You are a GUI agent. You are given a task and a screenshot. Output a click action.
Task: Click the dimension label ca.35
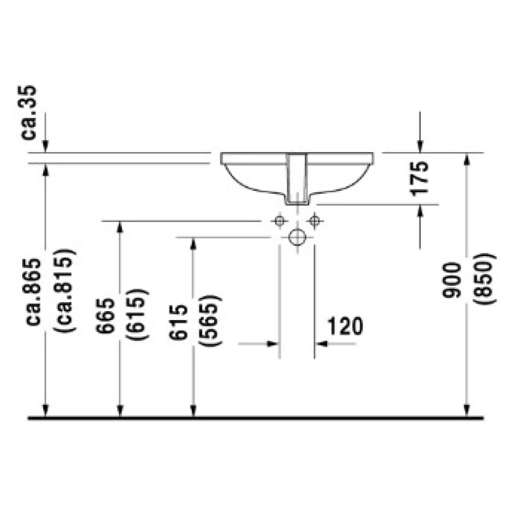28,113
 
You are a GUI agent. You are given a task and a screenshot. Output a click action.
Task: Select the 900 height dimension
451,280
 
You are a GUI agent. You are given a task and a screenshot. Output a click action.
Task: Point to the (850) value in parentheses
484,279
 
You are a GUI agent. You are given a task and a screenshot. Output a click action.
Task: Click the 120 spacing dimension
345,326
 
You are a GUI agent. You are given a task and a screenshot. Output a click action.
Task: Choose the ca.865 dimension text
33,292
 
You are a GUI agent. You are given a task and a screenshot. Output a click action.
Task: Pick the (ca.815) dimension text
65,290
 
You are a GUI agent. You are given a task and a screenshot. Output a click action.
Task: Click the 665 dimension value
105,316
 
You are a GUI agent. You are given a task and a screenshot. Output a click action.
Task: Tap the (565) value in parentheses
210,321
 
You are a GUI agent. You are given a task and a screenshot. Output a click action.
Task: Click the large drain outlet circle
297,237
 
